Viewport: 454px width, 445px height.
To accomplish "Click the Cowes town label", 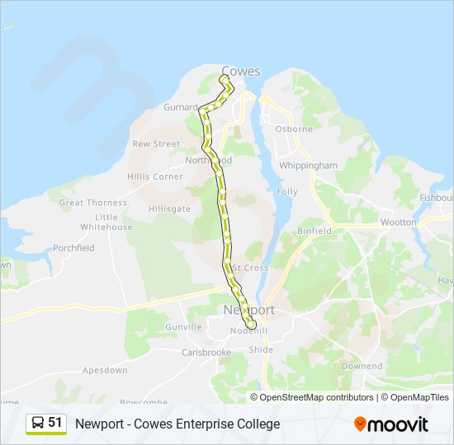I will tap(241, 71).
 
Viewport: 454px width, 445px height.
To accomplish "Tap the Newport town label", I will tap(248, 310).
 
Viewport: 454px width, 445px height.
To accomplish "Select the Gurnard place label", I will tap(181, 107).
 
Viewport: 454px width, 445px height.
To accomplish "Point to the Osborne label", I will tap(294, 129).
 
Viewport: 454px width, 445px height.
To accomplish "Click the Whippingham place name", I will tap(309, 166).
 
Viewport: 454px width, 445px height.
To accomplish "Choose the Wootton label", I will tap(399, 222).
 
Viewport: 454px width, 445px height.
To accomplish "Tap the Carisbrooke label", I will tap(206, 353).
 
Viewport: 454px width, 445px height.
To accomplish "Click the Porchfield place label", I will tap(73, 248).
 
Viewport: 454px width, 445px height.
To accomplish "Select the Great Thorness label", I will tap(93, 203).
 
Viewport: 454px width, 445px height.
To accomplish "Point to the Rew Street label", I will tap(156, 143).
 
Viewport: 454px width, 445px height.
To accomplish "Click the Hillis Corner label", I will tap(155, 176).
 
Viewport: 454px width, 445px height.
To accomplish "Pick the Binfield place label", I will tap(314, 232).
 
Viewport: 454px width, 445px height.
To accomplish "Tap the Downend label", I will tap(362, 366).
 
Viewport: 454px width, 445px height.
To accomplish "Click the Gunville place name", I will tap(183, 327).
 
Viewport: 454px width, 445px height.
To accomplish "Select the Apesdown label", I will tap(105, 371).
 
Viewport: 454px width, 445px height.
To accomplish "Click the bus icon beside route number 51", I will tap(38, 424).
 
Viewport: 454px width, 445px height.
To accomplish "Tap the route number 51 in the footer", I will tap(55, 423).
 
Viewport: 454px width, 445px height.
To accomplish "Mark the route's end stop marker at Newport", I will tap(250, 326).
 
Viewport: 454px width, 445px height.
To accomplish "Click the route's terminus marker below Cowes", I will tap(224, 79).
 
